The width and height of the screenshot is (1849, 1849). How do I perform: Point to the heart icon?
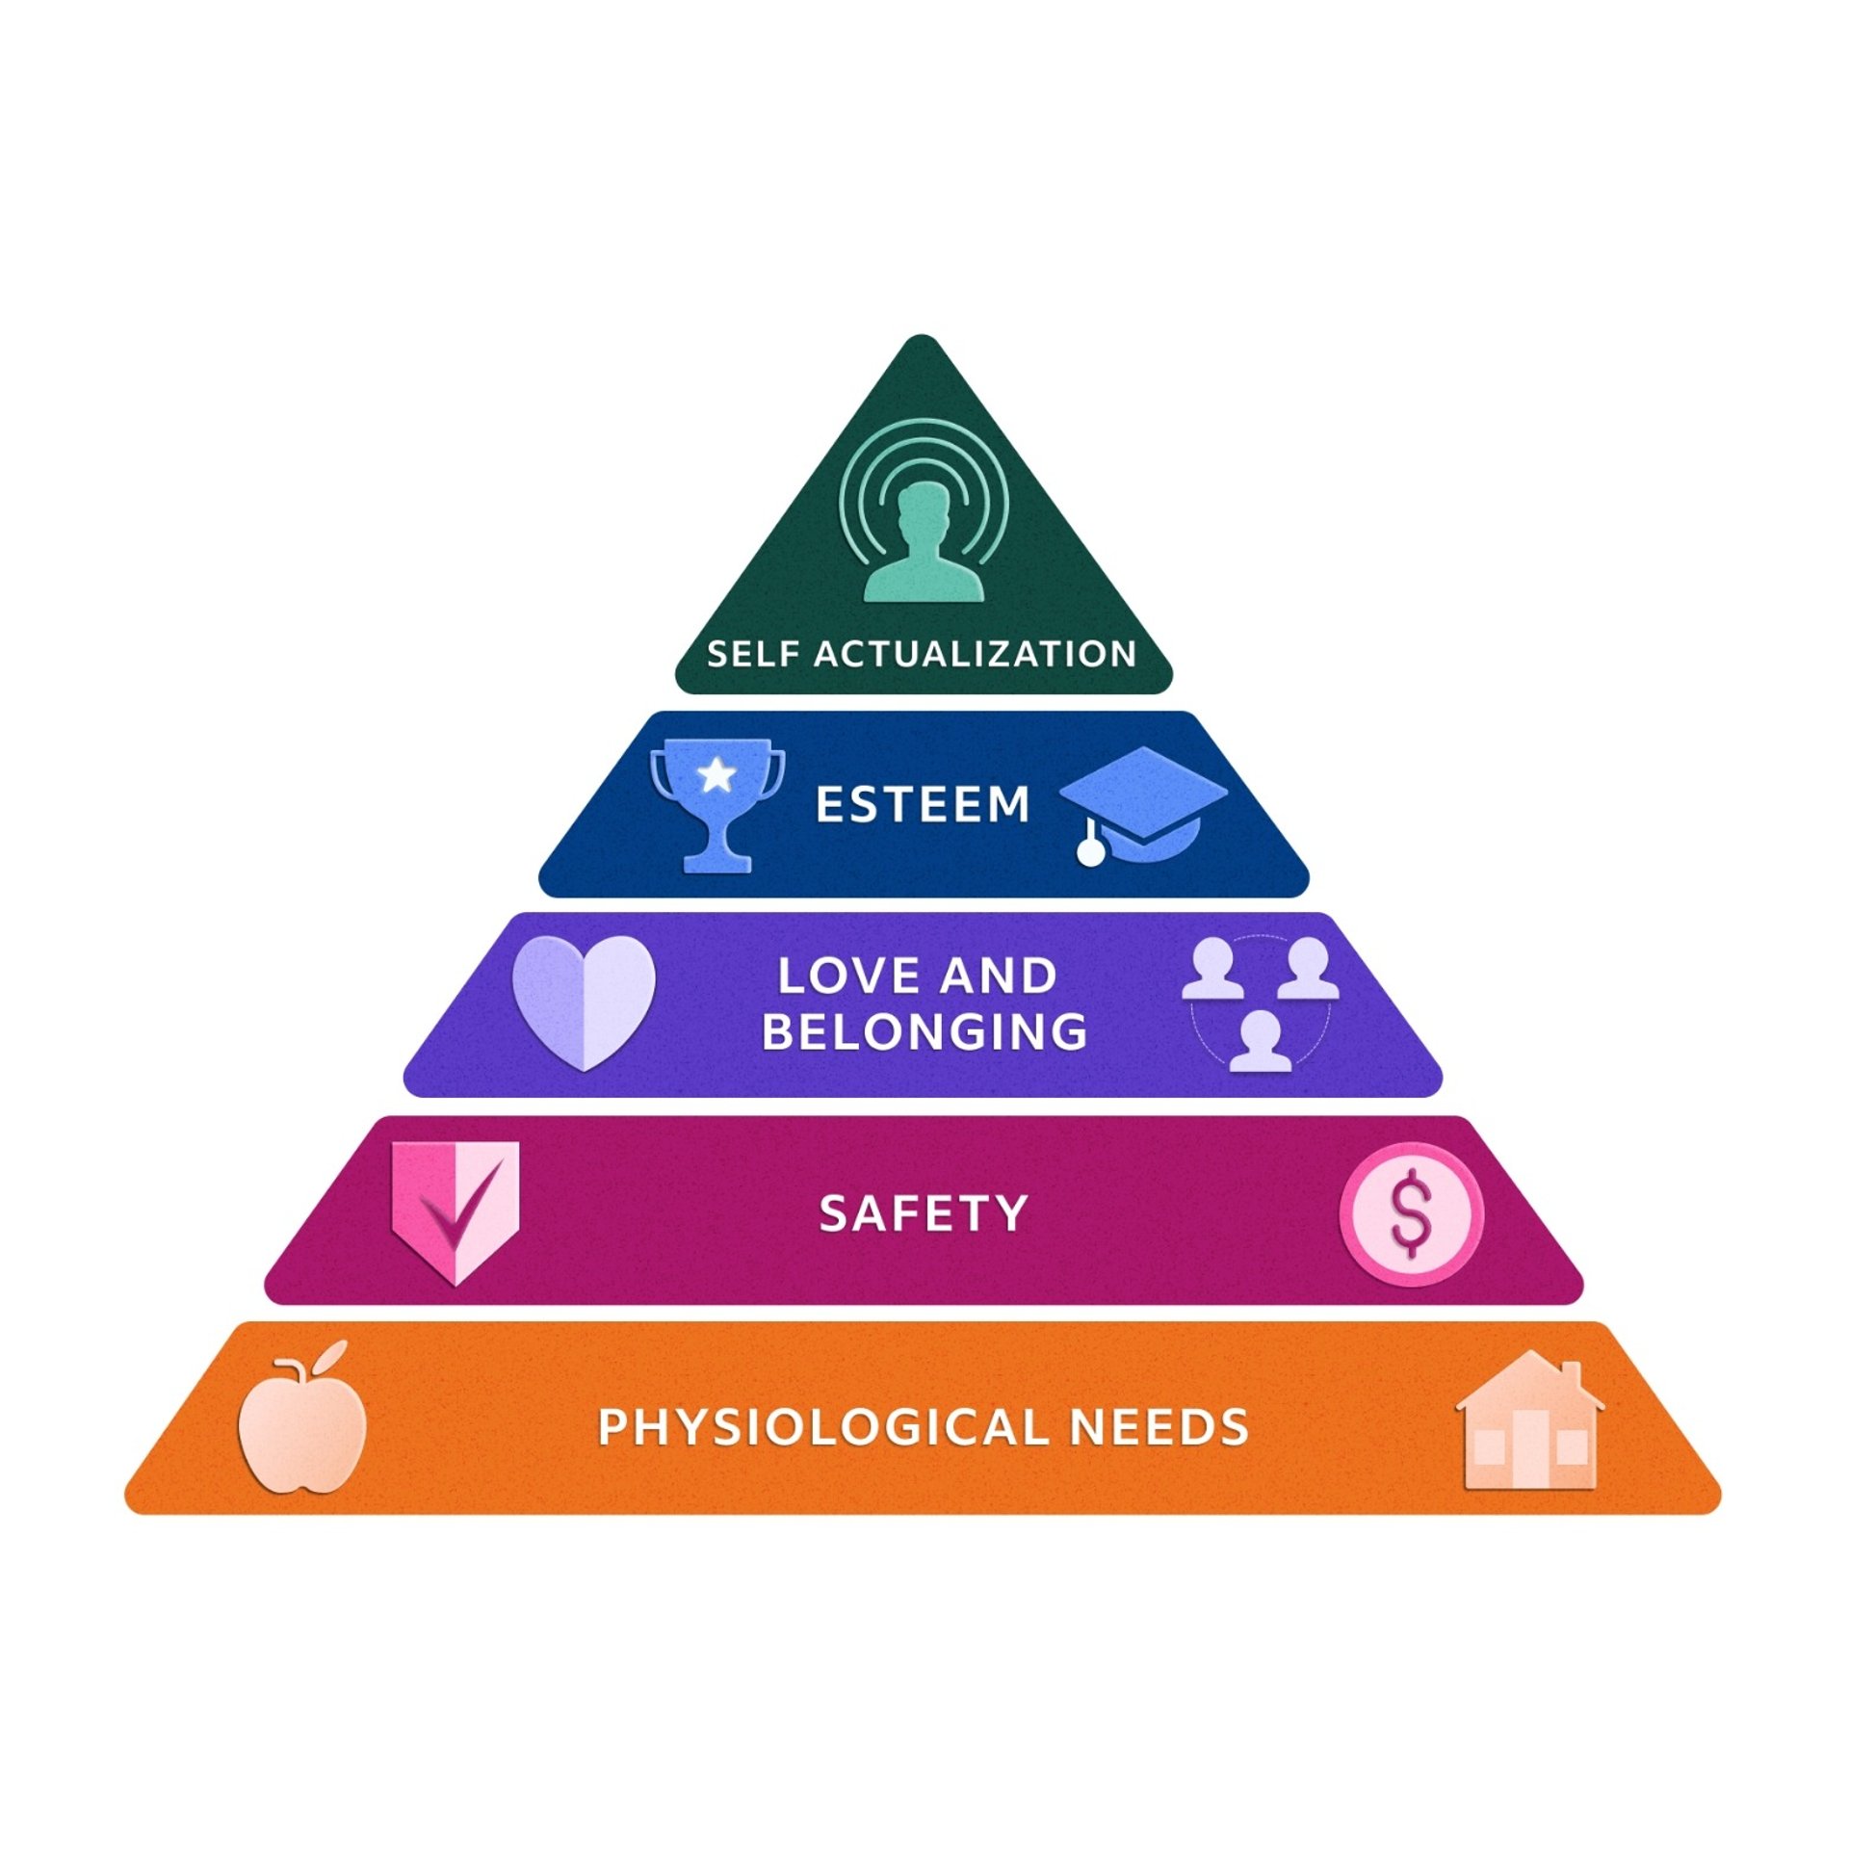coord(584,1002)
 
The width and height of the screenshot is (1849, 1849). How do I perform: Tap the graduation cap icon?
coord(1144,799)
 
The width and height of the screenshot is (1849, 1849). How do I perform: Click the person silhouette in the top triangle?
coord(923,544)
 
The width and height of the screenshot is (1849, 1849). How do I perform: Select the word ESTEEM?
coord(923,804)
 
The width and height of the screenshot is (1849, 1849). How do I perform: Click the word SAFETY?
coord(923,1213)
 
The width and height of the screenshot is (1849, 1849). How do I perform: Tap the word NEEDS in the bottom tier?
coord(1159,1427)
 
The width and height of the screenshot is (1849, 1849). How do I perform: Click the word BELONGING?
coord(924,1031)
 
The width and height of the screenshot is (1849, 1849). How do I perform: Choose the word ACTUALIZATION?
coord(976,655)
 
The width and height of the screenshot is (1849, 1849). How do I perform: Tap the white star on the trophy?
coord(716,774)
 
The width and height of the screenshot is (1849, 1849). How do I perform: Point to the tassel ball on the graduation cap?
coord(1090,852)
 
